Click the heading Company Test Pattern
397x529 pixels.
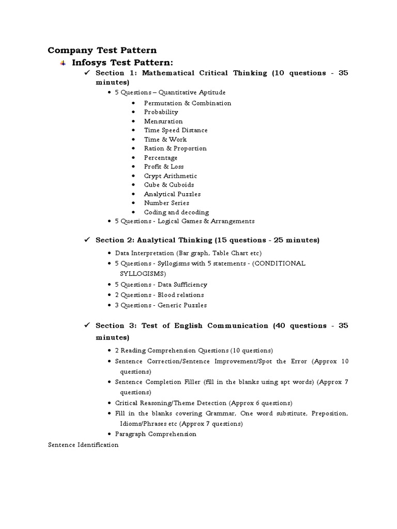[102, 50]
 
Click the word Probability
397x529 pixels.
[161, 112]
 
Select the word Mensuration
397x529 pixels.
[163, 121]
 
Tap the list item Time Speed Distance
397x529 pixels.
[176, 130]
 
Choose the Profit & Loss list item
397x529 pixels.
[164, 167]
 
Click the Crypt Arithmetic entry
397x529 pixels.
[170, 176]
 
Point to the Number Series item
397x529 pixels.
[166, 203]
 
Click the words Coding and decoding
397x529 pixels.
[176, 212]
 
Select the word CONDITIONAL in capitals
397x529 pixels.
[280, 263]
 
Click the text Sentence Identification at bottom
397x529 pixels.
[83, 445]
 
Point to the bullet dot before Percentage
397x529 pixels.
[133, 158]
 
